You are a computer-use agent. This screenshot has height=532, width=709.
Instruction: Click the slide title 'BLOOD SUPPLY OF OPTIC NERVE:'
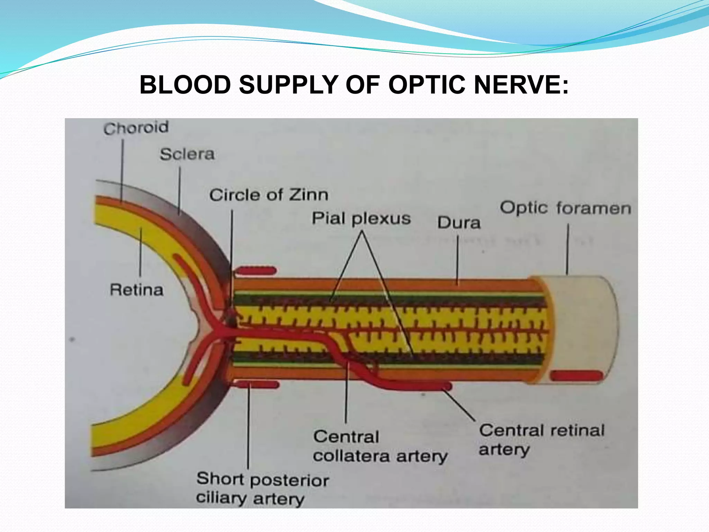[x=354, y=85]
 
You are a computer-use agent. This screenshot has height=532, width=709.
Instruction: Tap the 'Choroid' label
[x=136, y=128]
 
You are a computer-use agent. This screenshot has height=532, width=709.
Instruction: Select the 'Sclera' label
[x=187, y=154]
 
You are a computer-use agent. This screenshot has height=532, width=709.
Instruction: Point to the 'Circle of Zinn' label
[x=269, y=195]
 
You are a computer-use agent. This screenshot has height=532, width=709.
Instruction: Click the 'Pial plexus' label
[x=361, y=219]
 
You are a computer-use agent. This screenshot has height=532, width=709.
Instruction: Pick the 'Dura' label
[x=459, y=222]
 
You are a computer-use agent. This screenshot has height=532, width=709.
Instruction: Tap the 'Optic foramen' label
[x=565, y=209]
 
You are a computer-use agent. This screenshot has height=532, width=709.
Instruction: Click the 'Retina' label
[x=136, y=290]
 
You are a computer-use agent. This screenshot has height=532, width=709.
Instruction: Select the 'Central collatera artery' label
[x=380, y=446]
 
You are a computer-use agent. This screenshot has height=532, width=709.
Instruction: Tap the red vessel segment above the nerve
[x=256, y=271]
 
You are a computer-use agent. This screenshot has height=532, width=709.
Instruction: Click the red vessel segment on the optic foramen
[x=576, y=375]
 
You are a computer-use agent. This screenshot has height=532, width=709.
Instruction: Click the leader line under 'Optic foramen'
[x=567, y=249]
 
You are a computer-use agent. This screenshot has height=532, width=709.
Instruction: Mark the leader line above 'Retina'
[x=141, y=253]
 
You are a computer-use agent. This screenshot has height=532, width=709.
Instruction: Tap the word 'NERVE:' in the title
[x=521, y=85]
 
